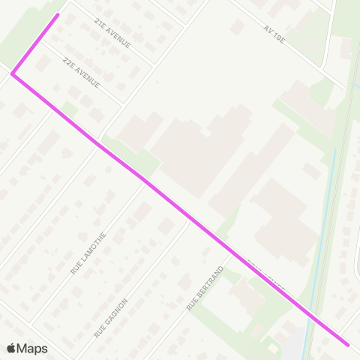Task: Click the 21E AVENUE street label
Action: (112, 34)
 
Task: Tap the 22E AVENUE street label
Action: (82, 72)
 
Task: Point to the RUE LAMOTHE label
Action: (88, 253)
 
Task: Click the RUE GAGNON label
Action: (111, 317)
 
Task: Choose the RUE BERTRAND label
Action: (205, 288)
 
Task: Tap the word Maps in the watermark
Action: (32, 348)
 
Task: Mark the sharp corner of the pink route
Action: (12, 73)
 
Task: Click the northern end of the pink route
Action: (58, 14)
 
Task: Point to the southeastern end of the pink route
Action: (348, 345)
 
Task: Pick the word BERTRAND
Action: (208, 283)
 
